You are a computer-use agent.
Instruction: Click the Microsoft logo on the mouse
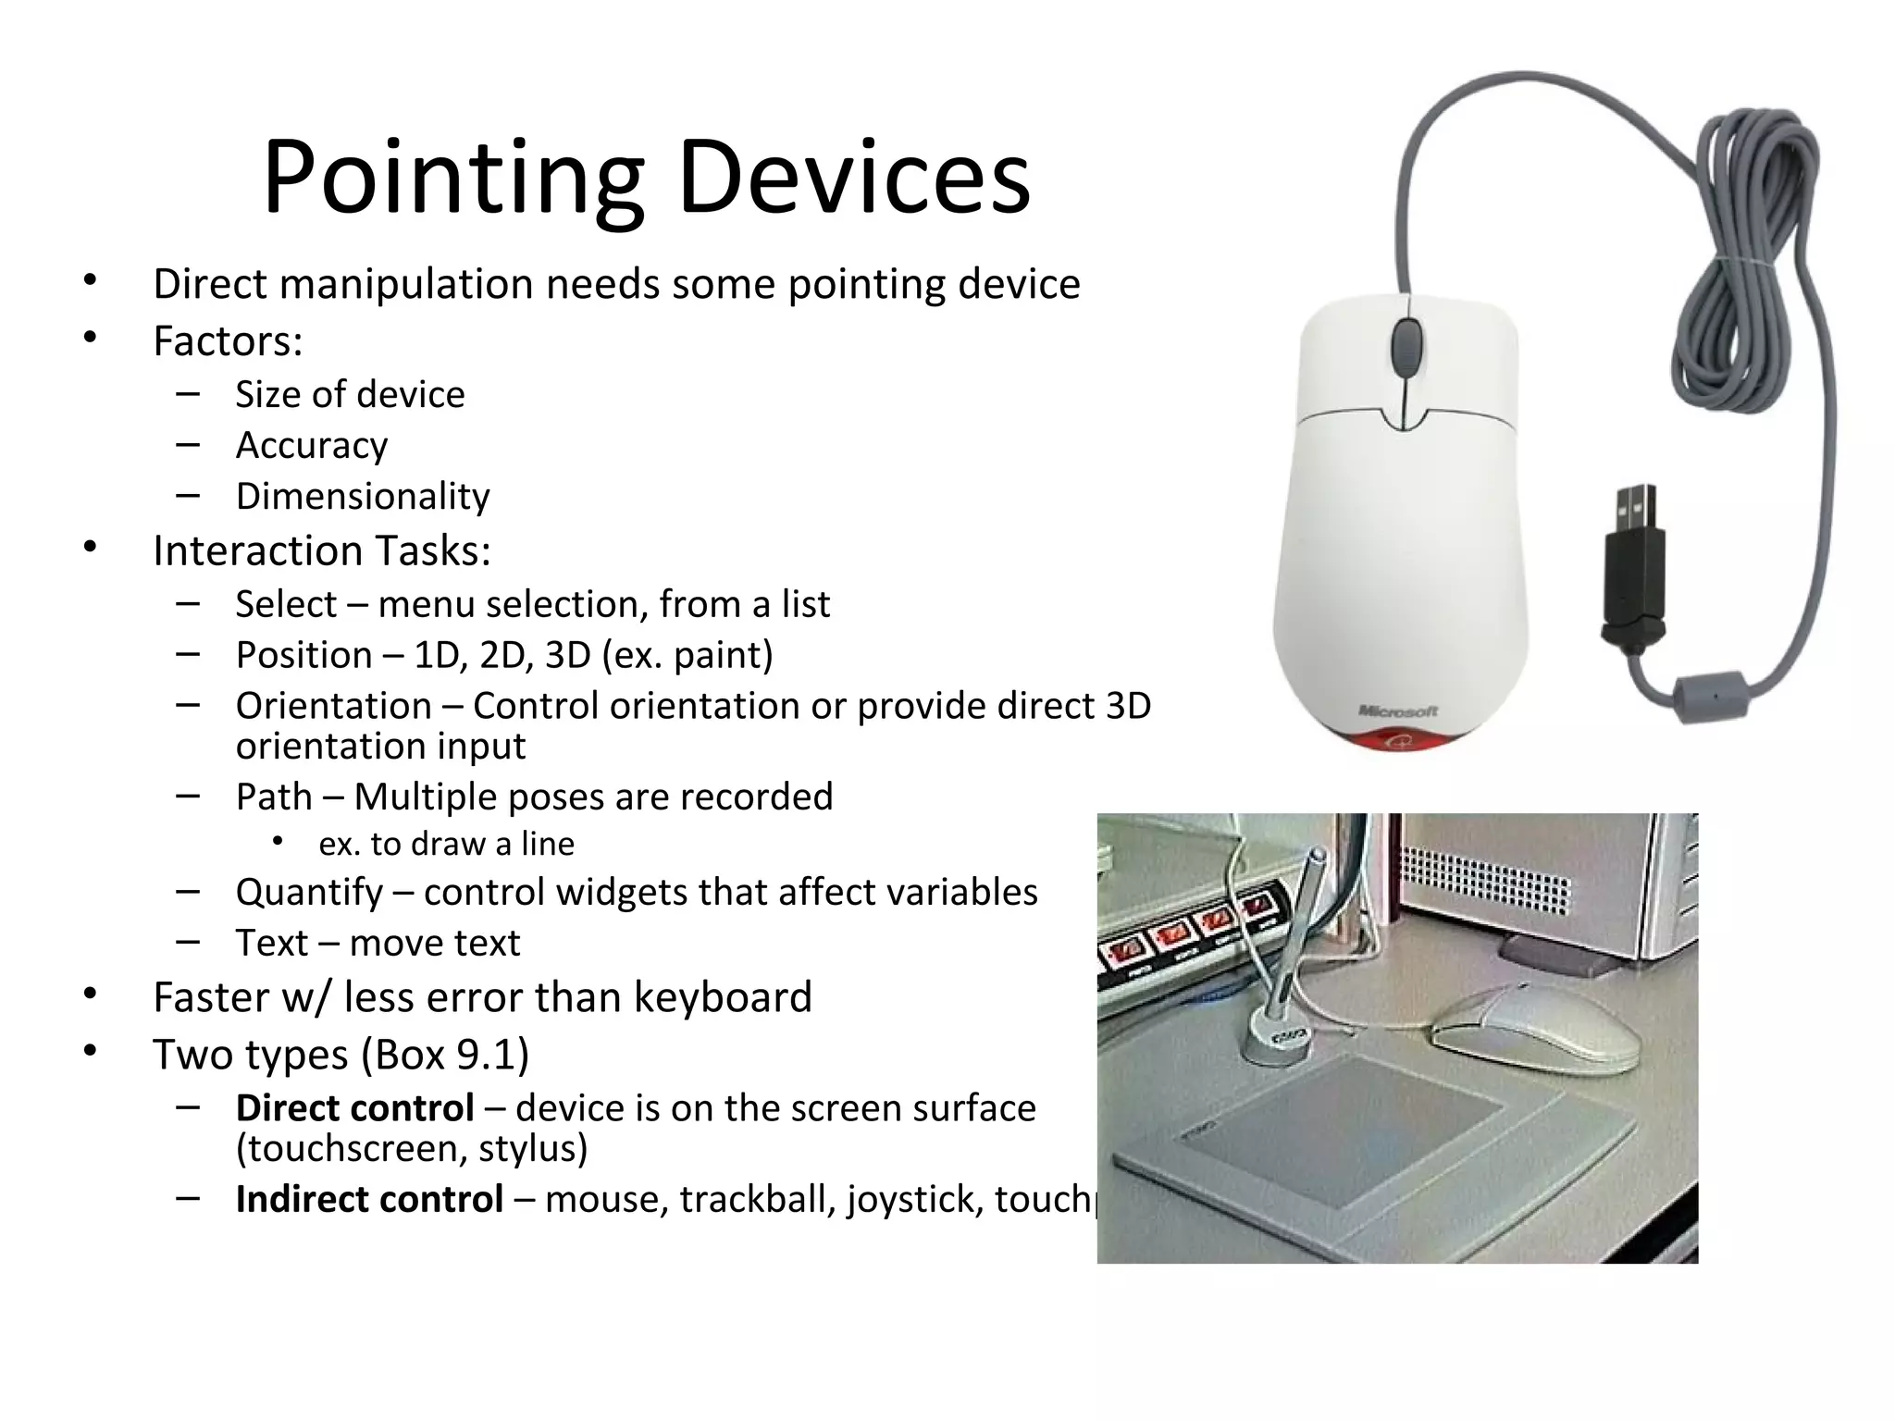pyautogui.click(x=1398, y=710)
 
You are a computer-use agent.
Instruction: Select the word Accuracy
pyautogui.click(x=312, y=445)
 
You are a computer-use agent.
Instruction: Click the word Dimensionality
pyautogui.click(x=363, y=496)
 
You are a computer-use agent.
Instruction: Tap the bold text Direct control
pyautogui.click(x=354, y=1107)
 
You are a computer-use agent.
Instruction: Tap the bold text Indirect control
pyautogui.click(x=369, y=1199)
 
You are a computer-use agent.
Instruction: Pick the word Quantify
pyautogui.click(x=309, y=892)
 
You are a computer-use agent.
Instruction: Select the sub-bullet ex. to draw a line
pyautogui.click(x=446, y=844)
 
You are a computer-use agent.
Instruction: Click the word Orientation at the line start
pyautogui.click(x=333, y=706)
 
